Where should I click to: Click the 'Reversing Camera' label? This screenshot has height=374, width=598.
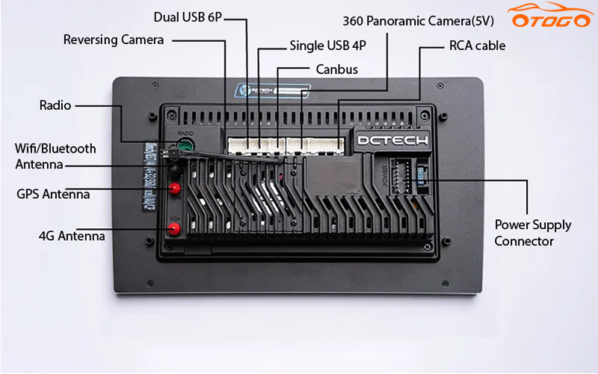[x=114, y=40]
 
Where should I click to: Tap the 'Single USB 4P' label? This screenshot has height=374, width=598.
[x=327, y=46]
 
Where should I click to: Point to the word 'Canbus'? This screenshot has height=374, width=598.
[x=336, y=70]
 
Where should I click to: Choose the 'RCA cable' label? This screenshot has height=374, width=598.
[x=477, y=46]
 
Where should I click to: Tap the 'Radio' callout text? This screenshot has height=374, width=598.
[x=55, y=105]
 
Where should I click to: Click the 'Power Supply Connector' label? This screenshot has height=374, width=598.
[x=532, y=233]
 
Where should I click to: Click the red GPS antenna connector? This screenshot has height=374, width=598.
[x=175, y=188]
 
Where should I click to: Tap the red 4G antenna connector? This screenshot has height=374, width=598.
[x=175, y=230]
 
